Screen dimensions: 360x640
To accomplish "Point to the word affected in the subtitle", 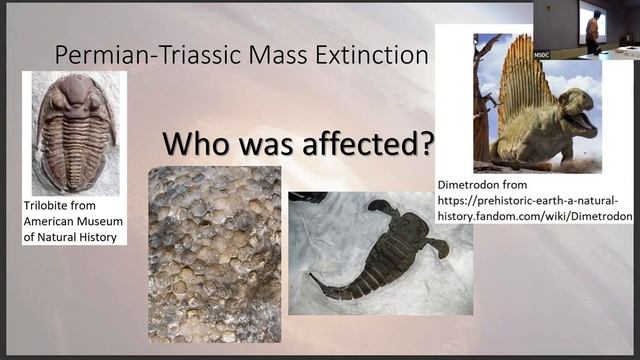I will pos(340,143).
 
